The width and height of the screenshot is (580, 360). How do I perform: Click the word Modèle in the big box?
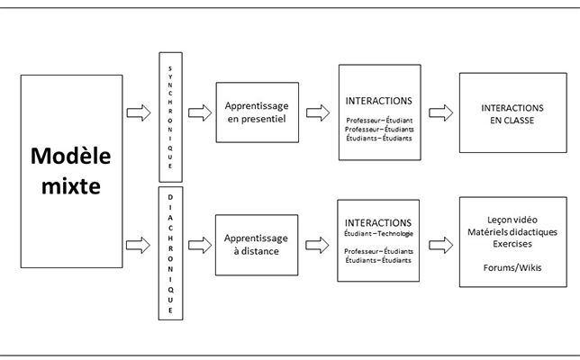coord(70,156)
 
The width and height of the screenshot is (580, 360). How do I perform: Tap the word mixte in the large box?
coord(70,186)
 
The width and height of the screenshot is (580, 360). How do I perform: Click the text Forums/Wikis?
coord(512,267)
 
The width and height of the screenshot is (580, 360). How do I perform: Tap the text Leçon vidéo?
coord(512,220)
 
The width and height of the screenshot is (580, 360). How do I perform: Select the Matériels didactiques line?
coord(512,232)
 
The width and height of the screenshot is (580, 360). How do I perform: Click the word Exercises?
coord(512,244)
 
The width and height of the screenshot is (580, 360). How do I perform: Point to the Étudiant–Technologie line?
coord(378,234)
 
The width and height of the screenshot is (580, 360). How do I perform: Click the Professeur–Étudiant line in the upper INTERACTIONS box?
coord(379,121)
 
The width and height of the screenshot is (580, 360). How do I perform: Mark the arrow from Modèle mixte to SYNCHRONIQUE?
coord(139,112)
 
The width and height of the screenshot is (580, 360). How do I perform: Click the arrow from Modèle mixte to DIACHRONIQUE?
coord(138,245)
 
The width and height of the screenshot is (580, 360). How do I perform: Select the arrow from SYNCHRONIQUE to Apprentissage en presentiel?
coord(200,112)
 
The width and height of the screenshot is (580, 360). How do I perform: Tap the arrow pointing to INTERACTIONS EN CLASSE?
coord(440,112)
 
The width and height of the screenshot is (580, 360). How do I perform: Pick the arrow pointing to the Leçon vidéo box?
coord(440,245)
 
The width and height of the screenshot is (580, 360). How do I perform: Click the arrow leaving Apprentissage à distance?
coord(317,245)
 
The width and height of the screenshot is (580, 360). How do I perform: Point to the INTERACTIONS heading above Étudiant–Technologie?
coord(378,223)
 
